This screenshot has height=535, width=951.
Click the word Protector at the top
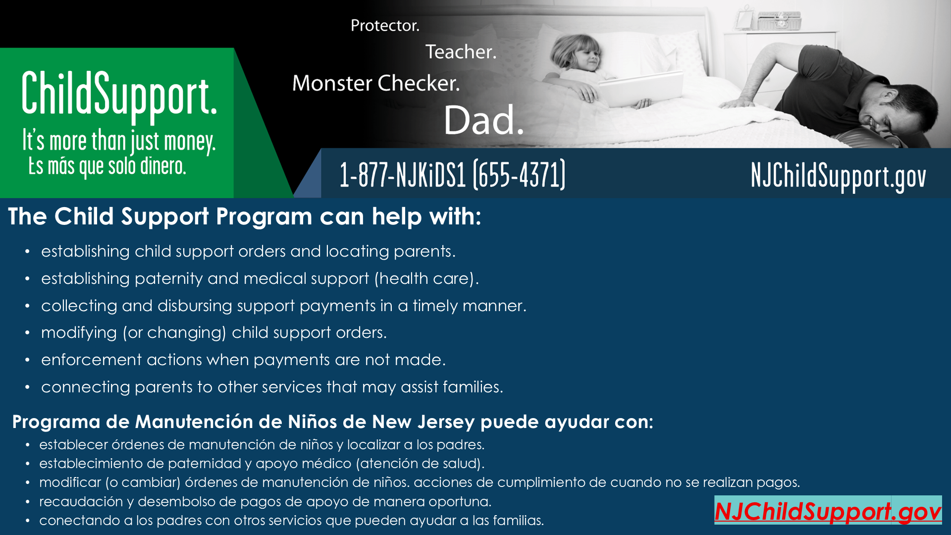(385, 25)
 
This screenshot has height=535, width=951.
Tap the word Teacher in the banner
(461, 52)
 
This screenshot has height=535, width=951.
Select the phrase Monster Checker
(376, 83)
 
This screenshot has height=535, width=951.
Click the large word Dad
(483, 120)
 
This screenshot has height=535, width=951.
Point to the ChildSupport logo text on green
(119, 95)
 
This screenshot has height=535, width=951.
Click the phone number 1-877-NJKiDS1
(452, 174)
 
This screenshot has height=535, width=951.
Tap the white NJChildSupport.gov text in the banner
(838, 176)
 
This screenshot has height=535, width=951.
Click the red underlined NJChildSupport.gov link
(828, 511)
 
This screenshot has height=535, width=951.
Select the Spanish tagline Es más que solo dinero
(107, 166)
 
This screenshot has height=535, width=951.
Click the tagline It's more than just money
(119, 141)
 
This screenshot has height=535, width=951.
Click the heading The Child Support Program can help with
(245, 216)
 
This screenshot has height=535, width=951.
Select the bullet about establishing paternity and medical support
(260, 278)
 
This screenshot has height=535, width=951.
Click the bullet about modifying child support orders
(214, 332)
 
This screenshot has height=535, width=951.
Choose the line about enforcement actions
(244, 360)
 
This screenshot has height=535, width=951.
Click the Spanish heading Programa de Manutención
(333, 422)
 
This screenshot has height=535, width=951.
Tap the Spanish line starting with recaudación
(265, 501)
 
